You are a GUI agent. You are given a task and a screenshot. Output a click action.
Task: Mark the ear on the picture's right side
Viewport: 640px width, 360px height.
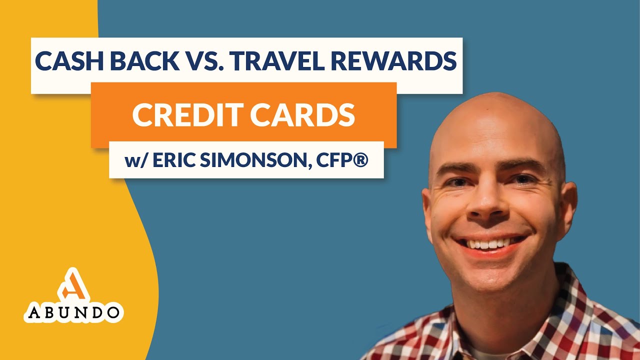pyautogui.click(x=568, y=202)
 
